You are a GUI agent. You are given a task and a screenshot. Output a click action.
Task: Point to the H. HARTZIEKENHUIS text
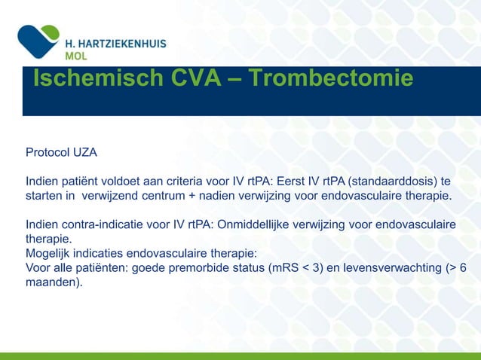click(x=115, y=44)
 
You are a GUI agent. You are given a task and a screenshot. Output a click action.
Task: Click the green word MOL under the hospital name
click(x=76, y=57)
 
